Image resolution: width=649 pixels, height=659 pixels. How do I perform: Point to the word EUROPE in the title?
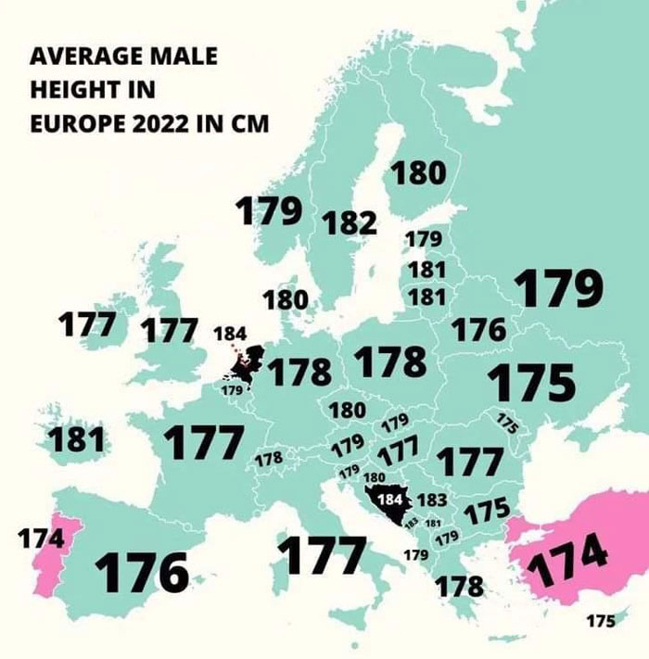click(70, 124)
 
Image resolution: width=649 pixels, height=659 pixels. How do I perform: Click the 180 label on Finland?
click(419, 173)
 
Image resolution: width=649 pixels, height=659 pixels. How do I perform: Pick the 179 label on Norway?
click(268, 212)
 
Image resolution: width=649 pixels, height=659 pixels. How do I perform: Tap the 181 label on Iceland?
click(76, 439)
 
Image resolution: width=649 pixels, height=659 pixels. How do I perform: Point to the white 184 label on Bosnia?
click(393, 499)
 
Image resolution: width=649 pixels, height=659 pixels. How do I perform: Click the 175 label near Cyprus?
click(600, 621)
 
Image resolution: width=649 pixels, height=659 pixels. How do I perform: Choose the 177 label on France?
click(204, 443)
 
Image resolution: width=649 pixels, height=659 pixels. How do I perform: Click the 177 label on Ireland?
click(86, 325)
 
